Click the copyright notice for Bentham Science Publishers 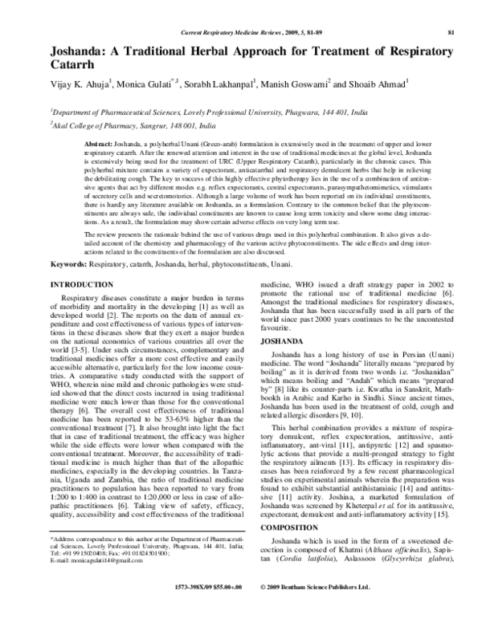pyautogui.click(x=316, y=611)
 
